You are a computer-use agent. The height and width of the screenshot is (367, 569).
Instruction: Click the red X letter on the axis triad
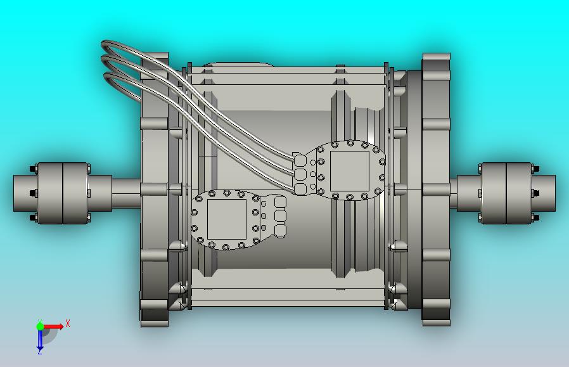coord(68,323)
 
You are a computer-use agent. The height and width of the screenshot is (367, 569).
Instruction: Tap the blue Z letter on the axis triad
coord(39,352)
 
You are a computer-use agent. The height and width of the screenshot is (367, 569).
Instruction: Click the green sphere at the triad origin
coord(40,326)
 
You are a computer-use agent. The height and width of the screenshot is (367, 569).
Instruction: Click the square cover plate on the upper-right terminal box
coord(349,170)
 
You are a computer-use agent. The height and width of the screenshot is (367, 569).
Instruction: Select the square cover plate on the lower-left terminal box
coord(226,219)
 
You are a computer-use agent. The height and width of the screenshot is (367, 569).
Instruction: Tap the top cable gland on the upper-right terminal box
coord(300,160)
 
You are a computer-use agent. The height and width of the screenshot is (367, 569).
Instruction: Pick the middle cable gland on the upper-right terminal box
coord(300,174)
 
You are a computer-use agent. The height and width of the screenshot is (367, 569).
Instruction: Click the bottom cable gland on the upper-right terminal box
coord(300,188)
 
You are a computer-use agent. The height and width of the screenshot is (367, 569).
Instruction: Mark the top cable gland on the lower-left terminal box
coord(280,202)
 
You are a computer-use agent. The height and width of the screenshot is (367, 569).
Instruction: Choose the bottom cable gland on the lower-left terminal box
coord(280,230)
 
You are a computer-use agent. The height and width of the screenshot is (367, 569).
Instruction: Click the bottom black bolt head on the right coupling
coord(536,217)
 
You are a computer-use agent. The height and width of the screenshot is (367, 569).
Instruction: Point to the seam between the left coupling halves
coord(62,193)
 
